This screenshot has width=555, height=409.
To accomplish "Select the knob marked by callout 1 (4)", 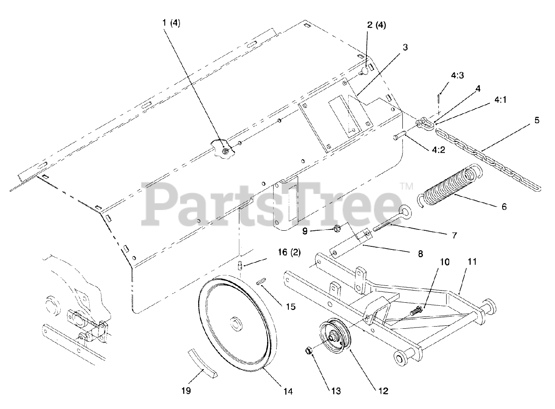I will pyautogui.click(x=223, y=148).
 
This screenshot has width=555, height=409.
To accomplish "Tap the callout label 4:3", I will pyautogui.click(x=445, y=76).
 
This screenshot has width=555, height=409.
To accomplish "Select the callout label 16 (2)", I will pyautogui.click(x=288, y=252).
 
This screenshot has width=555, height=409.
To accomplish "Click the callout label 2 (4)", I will pyautogui.click(x=376, y=25).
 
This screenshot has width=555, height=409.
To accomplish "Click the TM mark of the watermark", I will pyautogui.click(x=406, y=187).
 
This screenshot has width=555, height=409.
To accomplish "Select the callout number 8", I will pyautogui.click(x=420, y=253).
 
